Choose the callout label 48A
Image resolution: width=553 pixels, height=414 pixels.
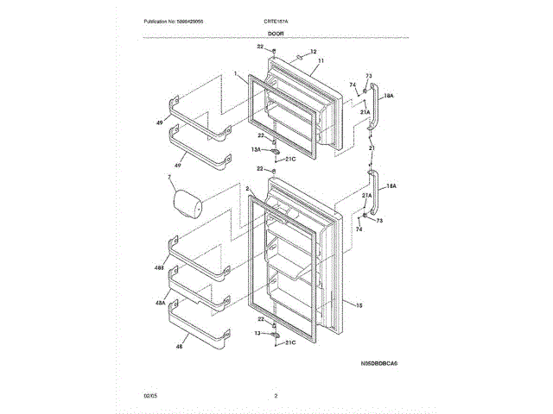(x=161, y=304)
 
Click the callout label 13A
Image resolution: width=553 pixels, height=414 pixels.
(x=257, y=150)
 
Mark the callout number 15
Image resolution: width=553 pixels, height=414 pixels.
(x=359, y=305)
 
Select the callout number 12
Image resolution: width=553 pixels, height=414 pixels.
(x=313, y=53)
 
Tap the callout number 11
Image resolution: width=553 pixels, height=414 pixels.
(x=319, y=61)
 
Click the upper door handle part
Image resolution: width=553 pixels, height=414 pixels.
(x=373, y=106)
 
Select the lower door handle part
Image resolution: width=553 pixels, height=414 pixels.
(x=374, y=197)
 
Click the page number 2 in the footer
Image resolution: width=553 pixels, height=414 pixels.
(x=276, y=396)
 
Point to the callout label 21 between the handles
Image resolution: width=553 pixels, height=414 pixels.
(x=371, y=149)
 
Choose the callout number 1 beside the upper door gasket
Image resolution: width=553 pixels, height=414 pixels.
(x=235, y=75)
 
